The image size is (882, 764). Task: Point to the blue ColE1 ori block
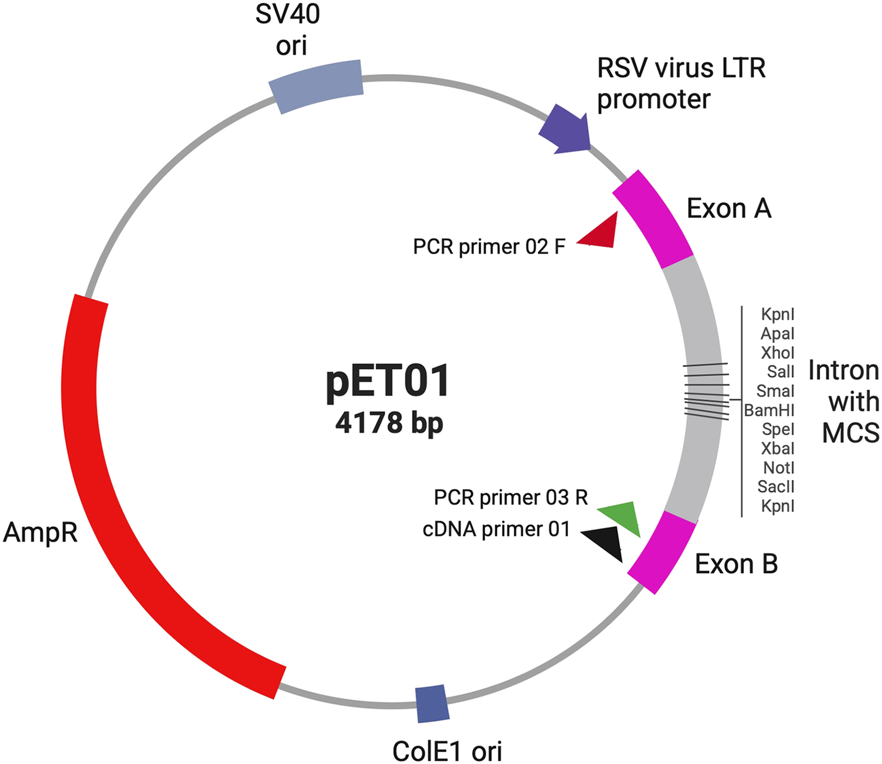pyautogui.click(x=432, y=704)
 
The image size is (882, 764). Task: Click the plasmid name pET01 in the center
pyautogui.click(x=388, y=382)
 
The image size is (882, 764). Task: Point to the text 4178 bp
pyautogui.click(x=389, y=423)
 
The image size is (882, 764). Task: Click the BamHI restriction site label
pyautogui.click(x=769, y=410)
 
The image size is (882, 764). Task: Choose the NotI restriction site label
pyautogui.click(x=778, y=468)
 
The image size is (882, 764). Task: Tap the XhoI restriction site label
pyautogui.click(x=777, y=353)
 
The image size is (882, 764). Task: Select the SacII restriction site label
pyautogui.click(x=776, y=487)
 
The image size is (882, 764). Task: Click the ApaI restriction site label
pyautogui.click(x=777, y=334)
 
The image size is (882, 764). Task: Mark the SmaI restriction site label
pyautogui.click(x=775, y=391)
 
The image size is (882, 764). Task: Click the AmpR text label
pyautogui.click(x=40, y=532)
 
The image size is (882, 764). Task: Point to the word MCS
pyautogui.click(x=850, y=433)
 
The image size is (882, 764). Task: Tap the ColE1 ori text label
pyautogui.click(x=447, y=751)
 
